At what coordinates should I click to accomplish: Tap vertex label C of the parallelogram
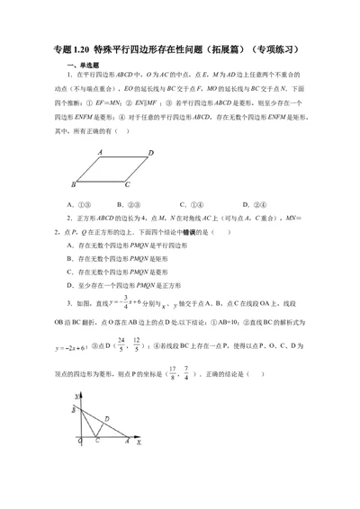pos(128,184)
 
